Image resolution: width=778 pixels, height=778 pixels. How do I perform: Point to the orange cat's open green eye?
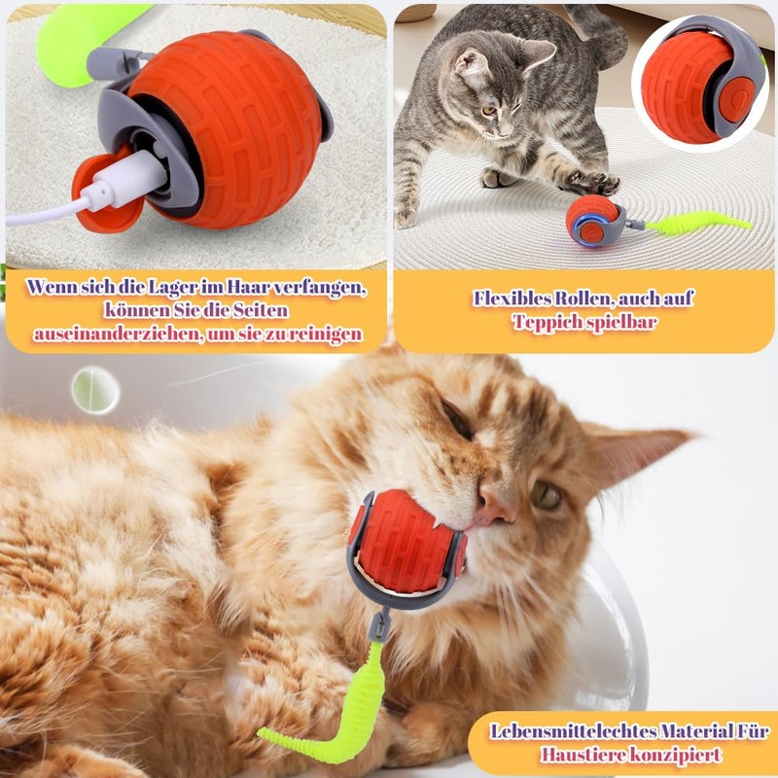tap(547, 497)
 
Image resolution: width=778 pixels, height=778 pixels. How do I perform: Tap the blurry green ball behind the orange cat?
tap(95, 390)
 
